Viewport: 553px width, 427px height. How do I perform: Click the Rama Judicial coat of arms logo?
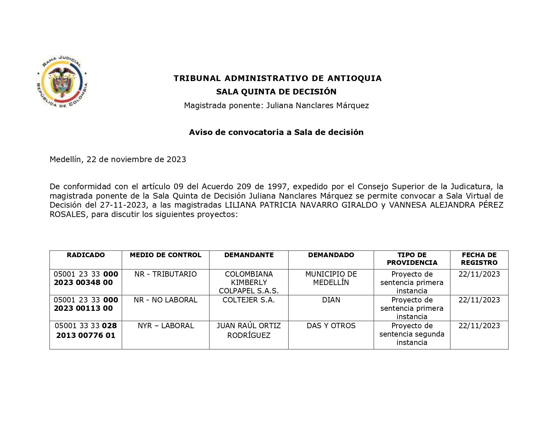[x=62, y=81]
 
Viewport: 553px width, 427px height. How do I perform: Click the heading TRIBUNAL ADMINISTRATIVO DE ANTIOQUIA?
[x=278, y=78]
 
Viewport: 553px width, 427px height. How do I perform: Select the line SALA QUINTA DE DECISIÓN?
[x=276, y=92]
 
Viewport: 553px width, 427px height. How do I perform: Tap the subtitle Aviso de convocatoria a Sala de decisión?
[x=276, y=132]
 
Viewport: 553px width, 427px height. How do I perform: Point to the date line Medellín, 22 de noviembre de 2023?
[x=118, y=159]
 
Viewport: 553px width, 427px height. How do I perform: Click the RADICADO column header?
[x=86, y=255]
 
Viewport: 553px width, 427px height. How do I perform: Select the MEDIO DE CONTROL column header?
[x=166, y=255]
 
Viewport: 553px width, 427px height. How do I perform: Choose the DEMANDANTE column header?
[x=249, y=255]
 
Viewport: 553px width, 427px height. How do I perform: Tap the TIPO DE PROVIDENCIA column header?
[x=412, y=259]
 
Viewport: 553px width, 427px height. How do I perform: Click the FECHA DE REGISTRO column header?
[x=479, y=259]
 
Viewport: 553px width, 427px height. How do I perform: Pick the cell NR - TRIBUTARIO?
[x=166, y=274]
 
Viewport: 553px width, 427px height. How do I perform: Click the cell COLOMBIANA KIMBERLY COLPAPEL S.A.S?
[x=249, y=282]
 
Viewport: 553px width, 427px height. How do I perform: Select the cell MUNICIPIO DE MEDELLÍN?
[x=331, y=278]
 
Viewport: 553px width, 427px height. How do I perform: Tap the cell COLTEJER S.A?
[x=249, y=300]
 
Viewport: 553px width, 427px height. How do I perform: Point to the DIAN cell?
[x=331, y=300]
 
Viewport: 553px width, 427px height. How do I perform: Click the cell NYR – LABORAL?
[x=166, y=326]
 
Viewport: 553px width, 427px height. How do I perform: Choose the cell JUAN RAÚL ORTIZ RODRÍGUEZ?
[x=249, y=331]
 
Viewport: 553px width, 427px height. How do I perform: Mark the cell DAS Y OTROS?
[x=331, y=326]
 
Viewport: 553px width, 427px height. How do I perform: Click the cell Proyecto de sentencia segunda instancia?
[x=412, y=334]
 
